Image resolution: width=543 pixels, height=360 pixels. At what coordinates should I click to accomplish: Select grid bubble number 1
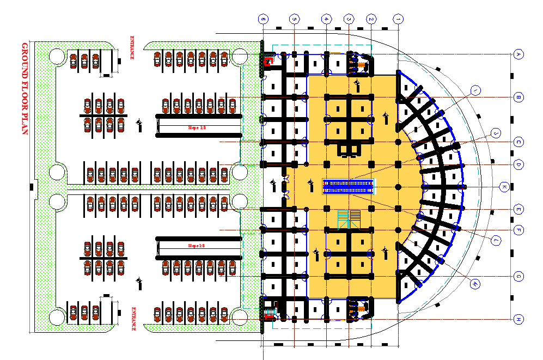click(399, 19)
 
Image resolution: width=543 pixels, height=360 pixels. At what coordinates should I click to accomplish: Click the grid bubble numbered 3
click(348, 19)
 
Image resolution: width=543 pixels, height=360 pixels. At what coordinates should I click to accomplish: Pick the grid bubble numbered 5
click(294, 19)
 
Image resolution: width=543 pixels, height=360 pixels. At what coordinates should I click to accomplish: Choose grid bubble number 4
click(326, 19)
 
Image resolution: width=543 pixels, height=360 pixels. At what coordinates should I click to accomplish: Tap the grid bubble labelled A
click(518, 54)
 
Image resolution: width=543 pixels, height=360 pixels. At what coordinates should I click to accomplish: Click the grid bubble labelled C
click(518, 142)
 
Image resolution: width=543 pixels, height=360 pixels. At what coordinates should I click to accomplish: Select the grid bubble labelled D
click(518, 164)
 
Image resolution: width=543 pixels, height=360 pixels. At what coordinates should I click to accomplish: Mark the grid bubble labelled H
click(518, 319)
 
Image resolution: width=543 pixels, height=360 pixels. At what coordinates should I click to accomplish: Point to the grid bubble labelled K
click(504, 187)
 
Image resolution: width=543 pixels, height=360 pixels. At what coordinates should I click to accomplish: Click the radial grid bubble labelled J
click(495, 133)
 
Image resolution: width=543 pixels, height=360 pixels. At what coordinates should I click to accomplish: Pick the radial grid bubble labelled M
click(475, 284)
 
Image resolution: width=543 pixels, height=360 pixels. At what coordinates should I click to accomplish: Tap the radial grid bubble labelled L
click(496, 240)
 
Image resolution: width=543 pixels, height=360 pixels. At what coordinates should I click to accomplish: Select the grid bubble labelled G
click(518, 277)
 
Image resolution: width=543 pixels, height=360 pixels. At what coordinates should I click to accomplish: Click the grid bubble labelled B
click(518, 97)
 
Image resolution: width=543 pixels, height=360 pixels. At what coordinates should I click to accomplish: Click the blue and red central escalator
click(349, 187)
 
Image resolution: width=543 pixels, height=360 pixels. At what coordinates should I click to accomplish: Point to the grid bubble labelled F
click(518, 230)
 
